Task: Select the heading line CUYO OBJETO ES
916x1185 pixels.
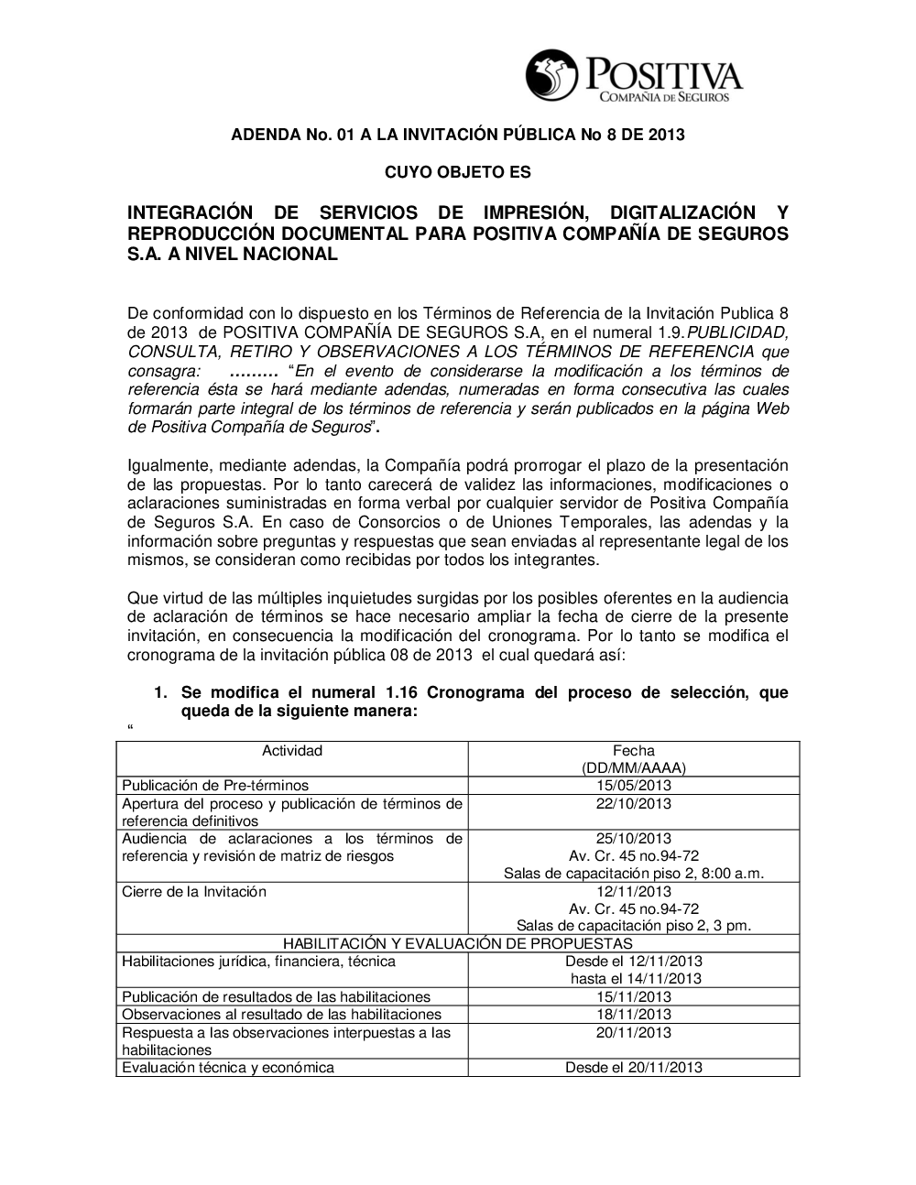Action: [457, 172]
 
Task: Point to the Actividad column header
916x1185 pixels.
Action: [292, 751]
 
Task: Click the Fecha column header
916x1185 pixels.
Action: [633, 751]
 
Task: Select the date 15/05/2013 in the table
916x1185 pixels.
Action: [633, 786]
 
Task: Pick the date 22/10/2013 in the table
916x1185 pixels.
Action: [633, 804]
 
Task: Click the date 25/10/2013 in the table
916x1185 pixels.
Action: [633, 839]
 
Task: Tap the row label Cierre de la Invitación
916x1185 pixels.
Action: [194, 892]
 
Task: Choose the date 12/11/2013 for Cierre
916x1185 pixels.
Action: [633, 892]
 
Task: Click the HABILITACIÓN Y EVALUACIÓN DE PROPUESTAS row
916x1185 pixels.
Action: [457, 943]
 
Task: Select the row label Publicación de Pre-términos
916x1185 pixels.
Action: [215, 786]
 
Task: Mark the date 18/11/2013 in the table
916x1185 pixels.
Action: [633, 1015]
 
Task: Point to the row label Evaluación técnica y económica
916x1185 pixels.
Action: [228, 1068]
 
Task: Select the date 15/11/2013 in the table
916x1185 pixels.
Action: [633, 997]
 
